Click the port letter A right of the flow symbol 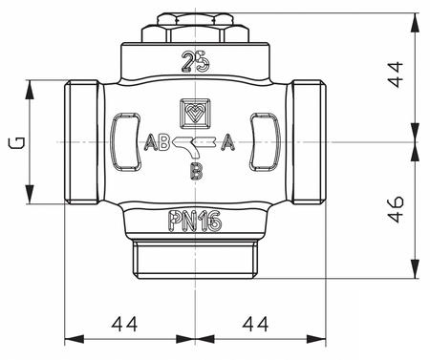point(229,145)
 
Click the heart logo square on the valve point(195,112)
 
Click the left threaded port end point(80,144)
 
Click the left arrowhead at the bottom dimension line point(70,338)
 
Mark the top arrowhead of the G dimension point(32,89)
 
